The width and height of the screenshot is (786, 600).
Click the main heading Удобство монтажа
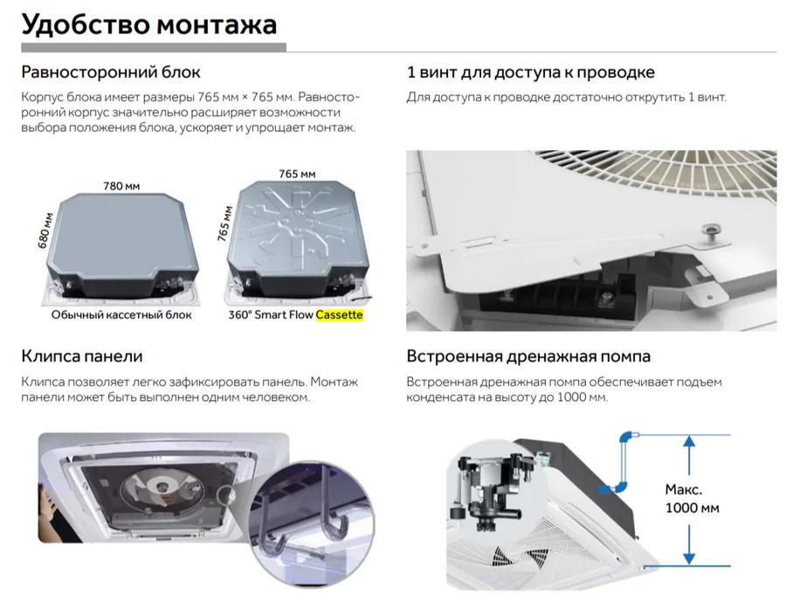[x=148, y=24]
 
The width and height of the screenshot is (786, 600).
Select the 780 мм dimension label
[x=121, y=186]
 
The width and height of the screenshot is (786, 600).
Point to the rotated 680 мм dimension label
[x=45, y=231]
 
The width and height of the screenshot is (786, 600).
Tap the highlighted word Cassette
[x=340, y=314]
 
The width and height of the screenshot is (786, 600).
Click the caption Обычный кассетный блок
[x=121, y=314]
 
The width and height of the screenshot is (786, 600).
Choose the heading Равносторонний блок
[x=111, y=72]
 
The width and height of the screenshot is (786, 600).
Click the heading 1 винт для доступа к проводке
[x=531, y=72]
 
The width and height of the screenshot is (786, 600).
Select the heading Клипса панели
[x=82, y=355]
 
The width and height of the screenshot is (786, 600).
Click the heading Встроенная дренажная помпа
[x=528, y=355]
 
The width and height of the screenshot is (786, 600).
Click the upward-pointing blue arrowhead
[x=689, y=441]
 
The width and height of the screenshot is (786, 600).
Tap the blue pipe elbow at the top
[x=626, y=438]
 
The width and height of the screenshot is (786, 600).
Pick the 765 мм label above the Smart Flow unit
[x=297, y=174]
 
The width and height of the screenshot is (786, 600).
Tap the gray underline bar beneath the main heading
[x=154, y=48]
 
